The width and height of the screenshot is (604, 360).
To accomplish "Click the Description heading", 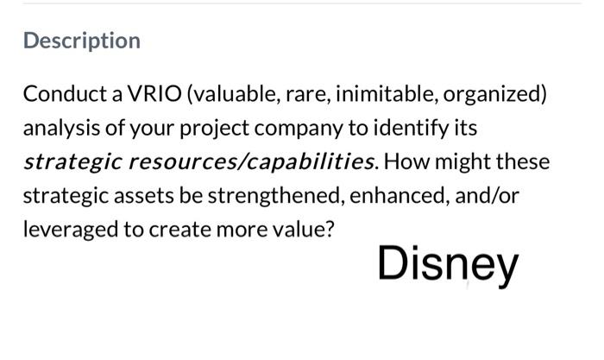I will coord(82,41).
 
